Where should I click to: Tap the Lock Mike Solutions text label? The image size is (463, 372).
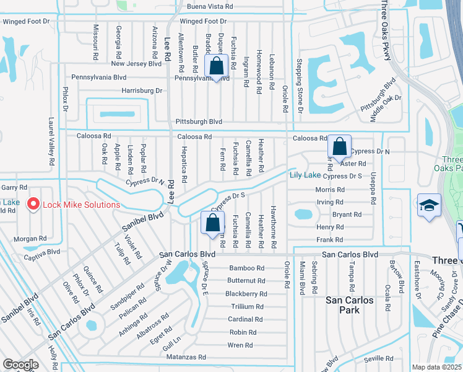(81, 205)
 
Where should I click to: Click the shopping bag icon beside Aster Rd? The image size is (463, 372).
(340, 147)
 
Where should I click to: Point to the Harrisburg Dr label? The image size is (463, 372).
(142, 91)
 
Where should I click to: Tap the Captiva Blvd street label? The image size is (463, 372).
(42, 252)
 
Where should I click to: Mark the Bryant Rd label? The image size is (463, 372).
(347, 215)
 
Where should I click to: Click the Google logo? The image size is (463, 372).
(20, 364)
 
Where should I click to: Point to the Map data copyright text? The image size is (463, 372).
(437, 367)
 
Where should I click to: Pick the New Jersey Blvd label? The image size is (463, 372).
(136, 64)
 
